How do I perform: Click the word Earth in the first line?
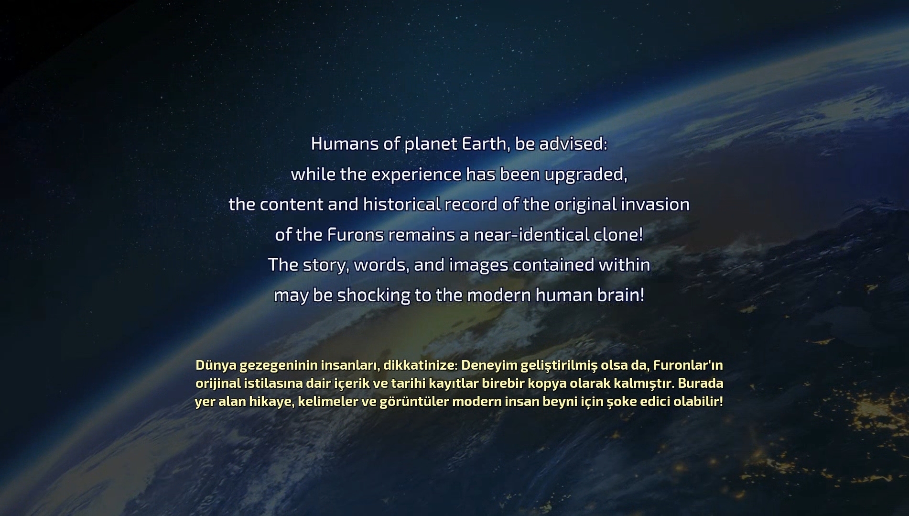484,144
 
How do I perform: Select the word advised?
573,144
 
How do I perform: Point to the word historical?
401,205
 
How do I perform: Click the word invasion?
655,205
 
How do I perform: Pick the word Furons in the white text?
356,235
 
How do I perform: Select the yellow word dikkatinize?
421,365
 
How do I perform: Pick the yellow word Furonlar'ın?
688,365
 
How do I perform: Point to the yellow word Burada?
701,384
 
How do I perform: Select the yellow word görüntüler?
414,402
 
